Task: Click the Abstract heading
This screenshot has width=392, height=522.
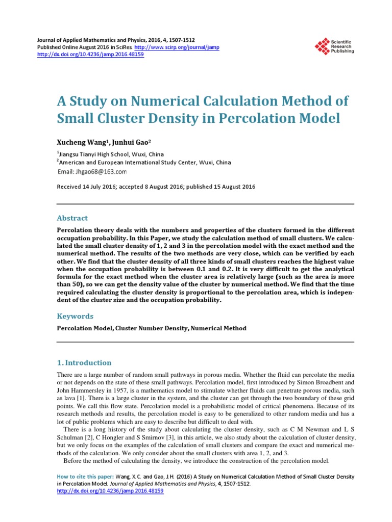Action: (72, 218)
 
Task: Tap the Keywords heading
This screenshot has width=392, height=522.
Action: (75, 316)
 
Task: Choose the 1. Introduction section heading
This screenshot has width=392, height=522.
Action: (84, 363)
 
